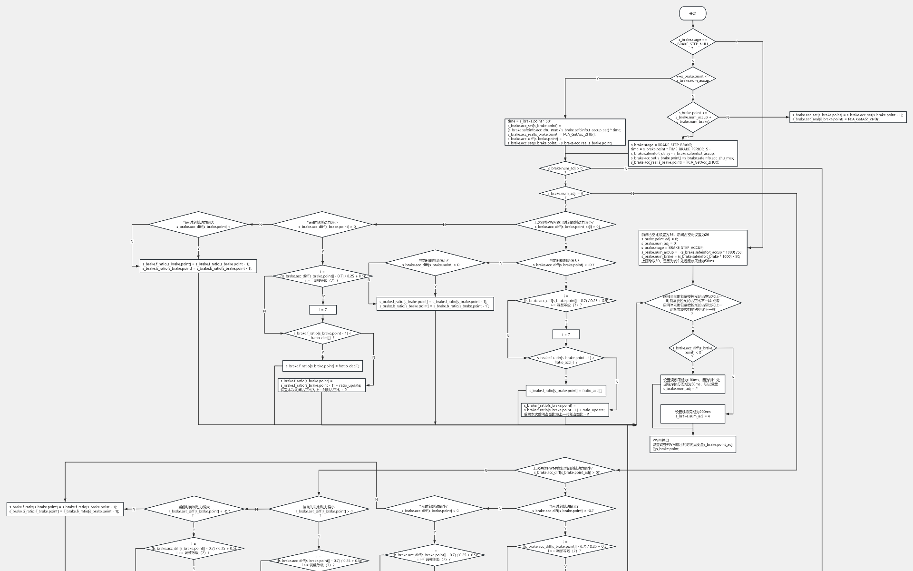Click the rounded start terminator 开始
click(x=692, y=14)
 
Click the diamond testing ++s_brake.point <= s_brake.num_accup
click(x=692, y=78)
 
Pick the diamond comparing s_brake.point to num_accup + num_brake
click(x=692, y=117)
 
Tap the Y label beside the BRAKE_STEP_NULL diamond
click(x=737, y=42)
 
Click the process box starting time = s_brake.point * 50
click(x=565, y=132)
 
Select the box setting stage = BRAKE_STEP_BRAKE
click(x=683, y=153)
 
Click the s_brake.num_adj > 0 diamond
click(x=565, y=168)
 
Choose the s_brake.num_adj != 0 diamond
click(x=565, y=193)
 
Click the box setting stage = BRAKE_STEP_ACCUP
click(x=693, y=247)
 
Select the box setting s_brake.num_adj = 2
click(x=693, y=384)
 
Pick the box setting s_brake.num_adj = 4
click(x=693, y=414)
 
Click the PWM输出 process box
click(x=693, y=444)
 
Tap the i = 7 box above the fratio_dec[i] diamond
click(x=323, y=310)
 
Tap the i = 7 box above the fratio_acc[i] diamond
click(x=565, y=335)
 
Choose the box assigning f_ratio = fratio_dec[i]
click(x=323, y=366)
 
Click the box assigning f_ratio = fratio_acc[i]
click(x=565, y=391)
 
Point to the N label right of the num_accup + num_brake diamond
click(x=728, y=117)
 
